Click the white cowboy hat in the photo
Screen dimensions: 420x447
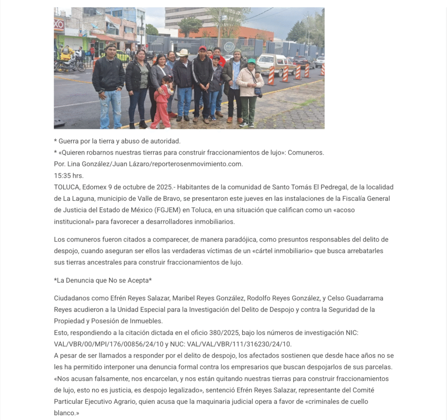[x=183, y=52]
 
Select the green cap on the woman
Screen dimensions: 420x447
[x=251, y=61]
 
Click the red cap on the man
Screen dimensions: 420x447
[x=203, y=48]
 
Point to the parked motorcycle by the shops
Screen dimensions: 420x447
[x=69, y=65]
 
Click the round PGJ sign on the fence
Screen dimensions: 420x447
[x=229, y=47]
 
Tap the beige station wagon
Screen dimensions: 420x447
[x=275, y=64]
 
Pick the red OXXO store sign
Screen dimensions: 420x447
[x=58, y=25]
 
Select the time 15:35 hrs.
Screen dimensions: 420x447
[x=69, y=176]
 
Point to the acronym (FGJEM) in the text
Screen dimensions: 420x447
[x=167, y=210]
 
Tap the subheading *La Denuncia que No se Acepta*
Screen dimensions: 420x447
[x=103, y=280]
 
